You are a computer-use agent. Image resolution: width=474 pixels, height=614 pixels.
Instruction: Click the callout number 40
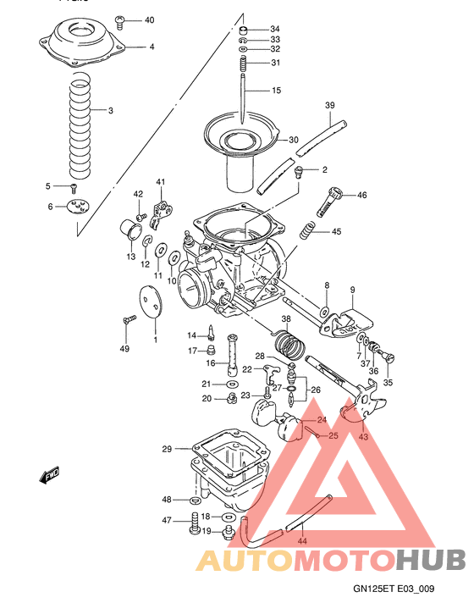coord(149,19)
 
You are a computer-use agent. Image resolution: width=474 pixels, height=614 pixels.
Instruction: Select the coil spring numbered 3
coord(81,119)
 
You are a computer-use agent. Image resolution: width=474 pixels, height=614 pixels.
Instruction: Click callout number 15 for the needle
coord(275,90)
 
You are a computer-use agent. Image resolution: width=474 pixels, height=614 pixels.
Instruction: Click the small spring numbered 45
coord(311,231)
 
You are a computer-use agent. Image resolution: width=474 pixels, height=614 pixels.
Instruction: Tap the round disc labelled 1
coord(149,301)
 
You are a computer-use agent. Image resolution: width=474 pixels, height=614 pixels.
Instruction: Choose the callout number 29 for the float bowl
coord(167,448)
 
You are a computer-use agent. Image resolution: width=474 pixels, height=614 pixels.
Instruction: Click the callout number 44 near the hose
coord(302,539)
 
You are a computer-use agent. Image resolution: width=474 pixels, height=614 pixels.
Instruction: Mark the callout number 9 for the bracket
coord(351,290)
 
